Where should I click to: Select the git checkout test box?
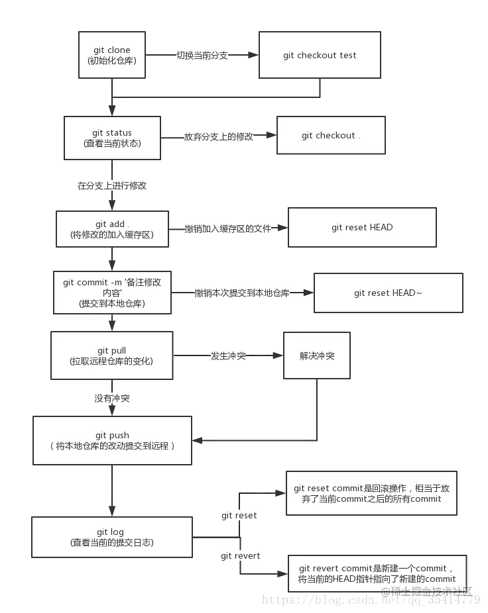(320, 56)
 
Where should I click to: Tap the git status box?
(113, 138)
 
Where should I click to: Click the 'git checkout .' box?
(331, 136)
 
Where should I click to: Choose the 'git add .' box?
(111, 229)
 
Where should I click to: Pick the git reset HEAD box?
(362, 228)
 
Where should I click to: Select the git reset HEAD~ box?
(388, 293)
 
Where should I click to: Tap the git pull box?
(111, 355)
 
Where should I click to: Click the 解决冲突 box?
(317, 355)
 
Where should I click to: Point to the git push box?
(112, 440)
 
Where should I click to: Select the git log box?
(111, 537)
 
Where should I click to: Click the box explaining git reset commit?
(371, 493)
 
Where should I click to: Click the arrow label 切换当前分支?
(202, 56)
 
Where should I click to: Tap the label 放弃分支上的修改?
(219, 136)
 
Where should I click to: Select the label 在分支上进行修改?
(112, 186)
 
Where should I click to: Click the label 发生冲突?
(228, 356)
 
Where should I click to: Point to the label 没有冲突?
(111, 399)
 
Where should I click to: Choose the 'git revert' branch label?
(241, 555)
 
